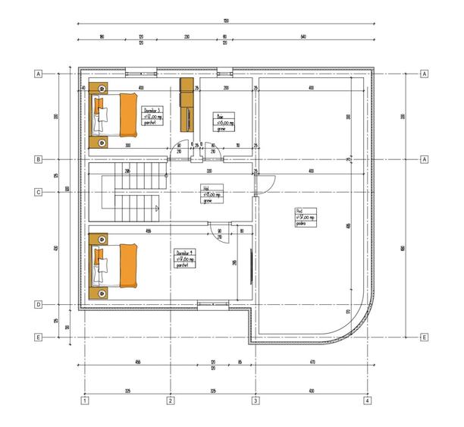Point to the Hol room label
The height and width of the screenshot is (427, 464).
[210, 194]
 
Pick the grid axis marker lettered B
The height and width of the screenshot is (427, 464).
[36, 159]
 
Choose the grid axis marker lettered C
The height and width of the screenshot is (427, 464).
[36, 193]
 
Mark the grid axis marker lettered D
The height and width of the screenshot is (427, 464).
[36, 305]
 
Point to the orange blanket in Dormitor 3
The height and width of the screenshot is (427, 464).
[127, 115]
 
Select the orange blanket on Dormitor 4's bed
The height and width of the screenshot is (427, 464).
[127, 265]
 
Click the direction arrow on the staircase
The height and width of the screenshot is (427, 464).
[156, 207]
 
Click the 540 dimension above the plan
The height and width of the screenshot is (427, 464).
[303, 36]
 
